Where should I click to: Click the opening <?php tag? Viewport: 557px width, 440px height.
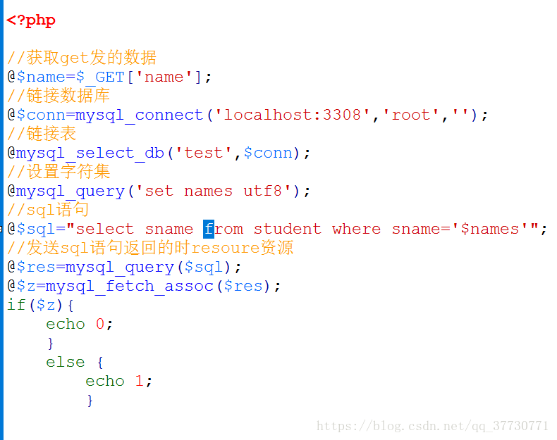(x=31, y=20)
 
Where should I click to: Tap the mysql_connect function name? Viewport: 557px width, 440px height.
(x=140, y=115)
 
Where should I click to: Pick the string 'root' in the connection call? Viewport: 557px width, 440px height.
(x=411, y=115)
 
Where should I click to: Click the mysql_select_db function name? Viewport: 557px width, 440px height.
(x=90, y=153)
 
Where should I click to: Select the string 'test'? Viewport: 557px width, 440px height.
(x=204, y=153)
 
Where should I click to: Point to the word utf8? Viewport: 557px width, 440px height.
(x=262, y=191)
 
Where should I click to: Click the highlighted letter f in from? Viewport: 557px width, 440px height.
(x=208, y=229)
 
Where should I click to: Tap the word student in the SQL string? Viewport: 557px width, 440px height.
(x=287, y=229)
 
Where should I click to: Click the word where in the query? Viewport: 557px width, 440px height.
(x=356, y=229)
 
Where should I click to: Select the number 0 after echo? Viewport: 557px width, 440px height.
(x=100, y=324)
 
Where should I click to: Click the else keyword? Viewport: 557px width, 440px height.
(x=66, y=362)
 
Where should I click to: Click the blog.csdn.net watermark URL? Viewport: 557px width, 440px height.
(x=432, y=425)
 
